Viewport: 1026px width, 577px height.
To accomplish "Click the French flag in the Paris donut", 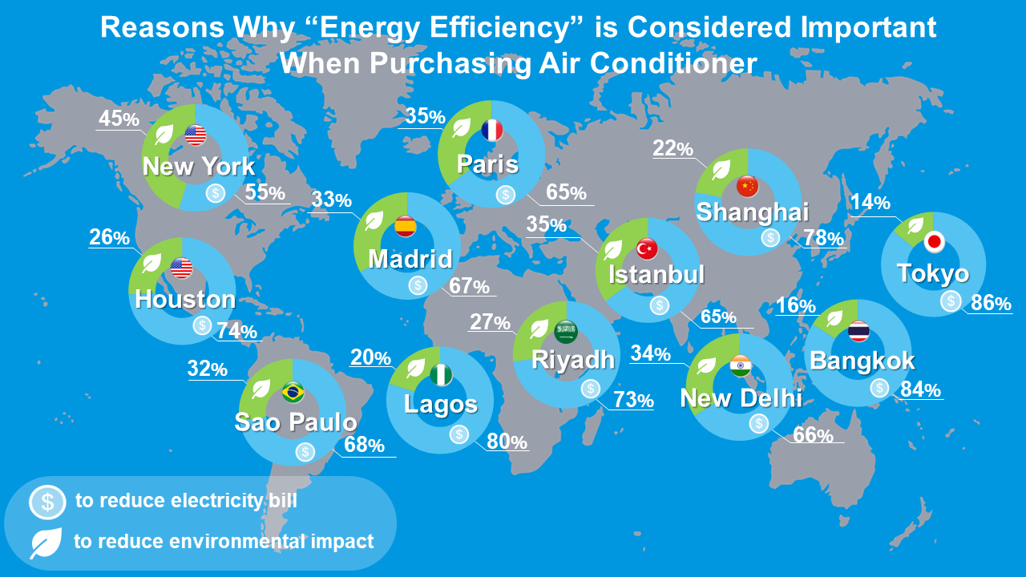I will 491,131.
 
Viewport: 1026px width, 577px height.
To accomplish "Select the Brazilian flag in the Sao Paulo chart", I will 293,393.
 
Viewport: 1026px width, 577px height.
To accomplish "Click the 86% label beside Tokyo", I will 990,303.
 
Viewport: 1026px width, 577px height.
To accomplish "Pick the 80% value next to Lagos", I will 507,442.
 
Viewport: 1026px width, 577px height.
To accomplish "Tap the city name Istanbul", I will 656,274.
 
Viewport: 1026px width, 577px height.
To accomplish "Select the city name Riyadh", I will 572,359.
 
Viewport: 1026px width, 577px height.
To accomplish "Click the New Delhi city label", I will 741,397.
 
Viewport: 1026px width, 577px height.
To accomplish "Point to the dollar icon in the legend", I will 47,502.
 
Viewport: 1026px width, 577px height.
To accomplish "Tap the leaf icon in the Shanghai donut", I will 721,169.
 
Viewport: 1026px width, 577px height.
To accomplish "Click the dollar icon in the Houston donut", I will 202,325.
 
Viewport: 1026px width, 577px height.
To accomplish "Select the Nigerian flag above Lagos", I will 441,374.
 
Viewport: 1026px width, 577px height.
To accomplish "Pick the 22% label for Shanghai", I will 673,148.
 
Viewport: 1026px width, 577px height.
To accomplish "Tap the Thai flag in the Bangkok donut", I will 859,330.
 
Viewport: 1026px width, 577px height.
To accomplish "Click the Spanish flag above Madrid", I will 406,227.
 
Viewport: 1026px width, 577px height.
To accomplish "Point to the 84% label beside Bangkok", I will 920,390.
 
